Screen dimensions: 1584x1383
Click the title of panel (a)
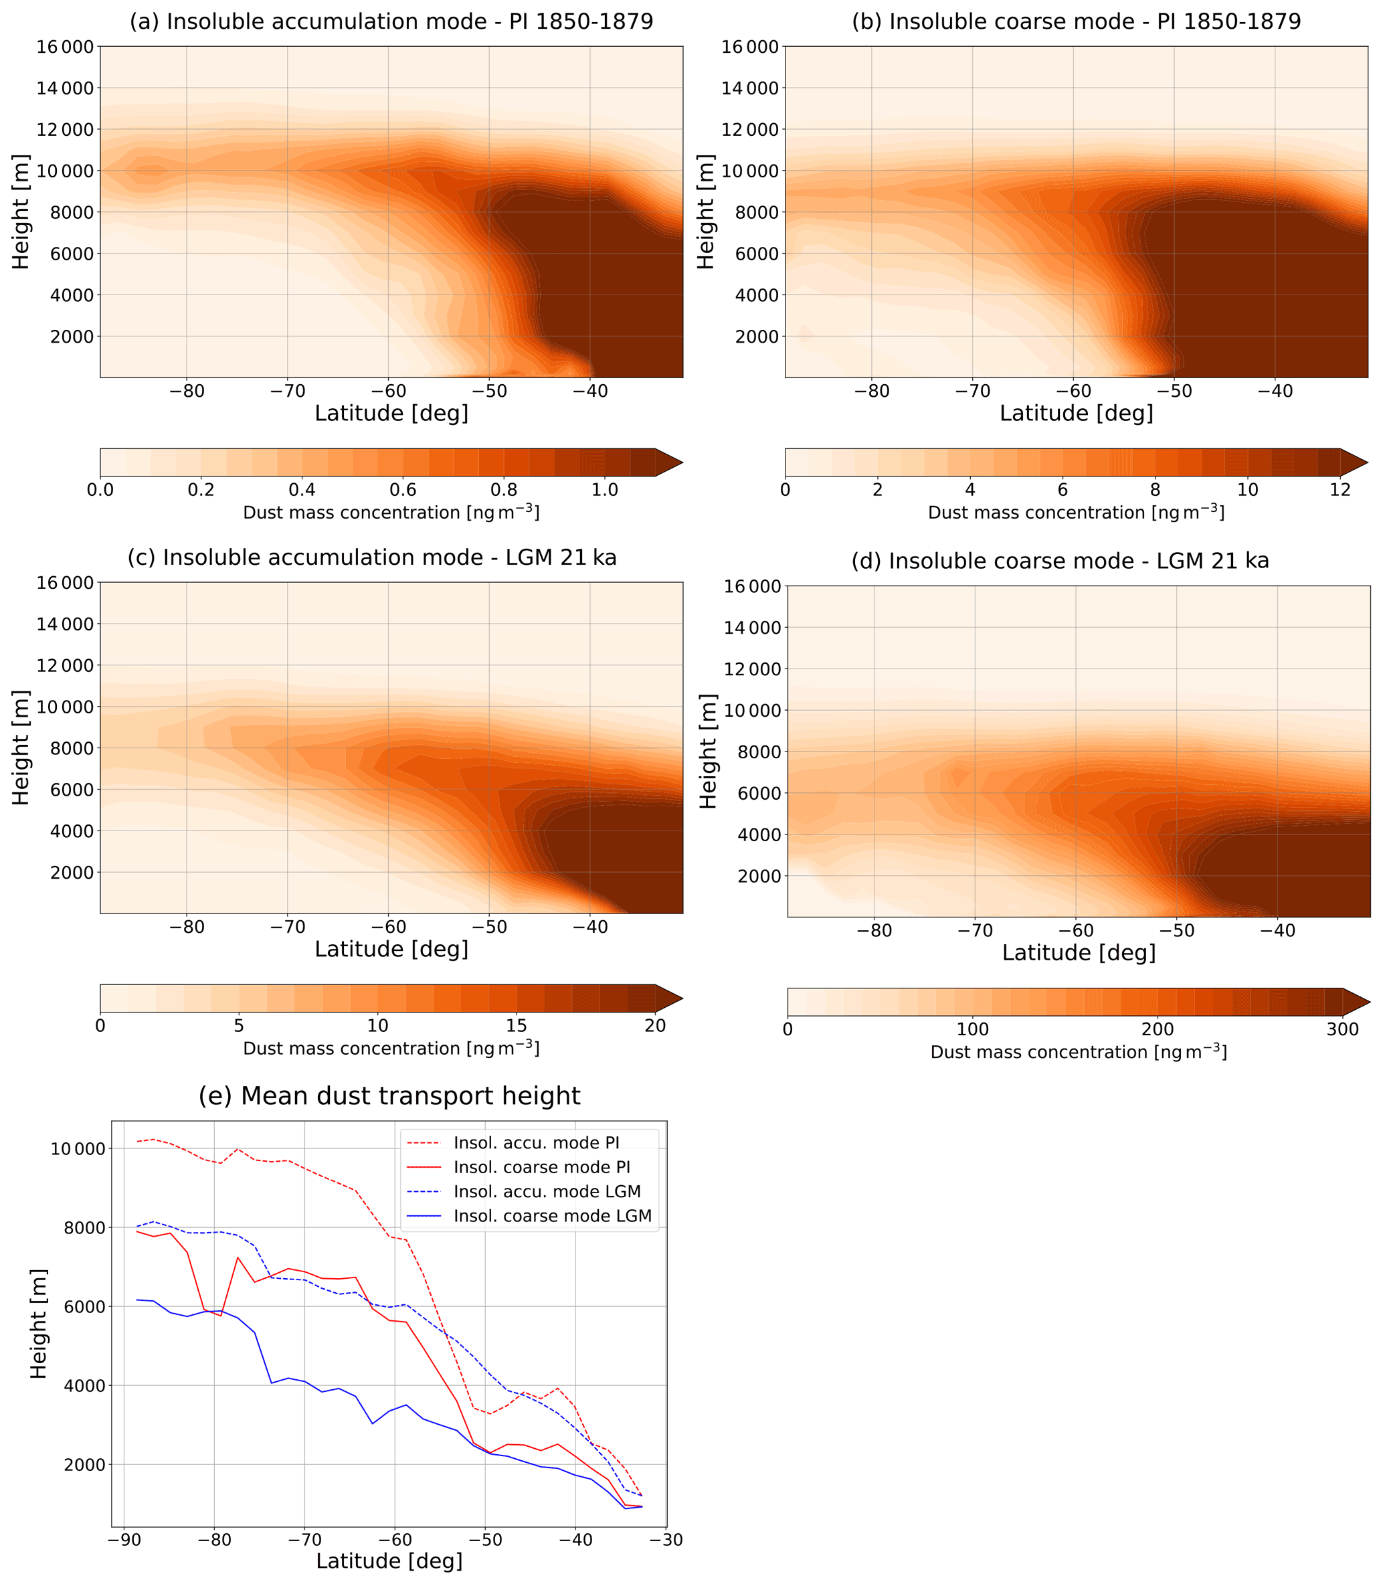pos(391,21)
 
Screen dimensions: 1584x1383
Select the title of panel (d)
pos(1060,561)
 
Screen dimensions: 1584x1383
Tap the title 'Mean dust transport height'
pos(389,1096)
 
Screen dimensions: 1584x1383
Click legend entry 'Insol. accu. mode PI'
pos(536,1142)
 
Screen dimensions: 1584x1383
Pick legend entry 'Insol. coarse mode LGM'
pos(552,1216)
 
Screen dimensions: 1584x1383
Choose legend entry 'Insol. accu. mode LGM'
pos(547,1191)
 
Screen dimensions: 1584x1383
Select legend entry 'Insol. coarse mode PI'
pos(541,1167)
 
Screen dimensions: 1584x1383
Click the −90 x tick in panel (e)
pos(124,1540)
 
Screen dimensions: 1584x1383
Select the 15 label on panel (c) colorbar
pos(517,1026)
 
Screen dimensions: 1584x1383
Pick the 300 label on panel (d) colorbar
pos(1343,1030)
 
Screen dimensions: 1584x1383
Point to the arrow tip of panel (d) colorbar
pos(1368,1002)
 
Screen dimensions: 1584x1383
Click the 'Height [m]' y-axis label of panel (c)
pos(21,748)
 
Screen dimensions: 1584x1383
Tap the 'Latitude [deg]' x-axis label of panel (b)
pos(1076,414)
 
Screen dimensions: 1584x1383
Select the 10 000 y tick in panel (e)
pos(77,1148)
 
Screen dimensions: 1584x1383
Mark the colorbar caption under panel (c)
pos(391,1048)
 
